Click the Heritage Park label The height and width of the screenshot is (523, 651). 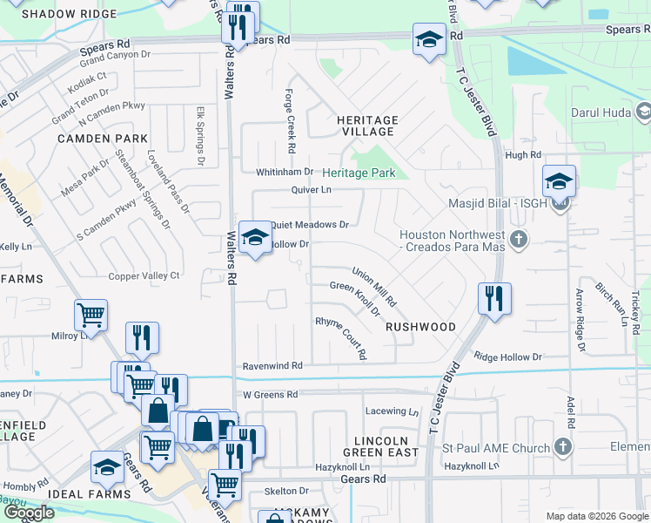[x=359, y=173]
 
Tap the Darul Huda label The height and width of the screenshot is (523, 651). [x=601, y=112]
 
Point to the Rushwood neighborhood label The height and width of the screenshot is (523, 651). [x=420, y=327]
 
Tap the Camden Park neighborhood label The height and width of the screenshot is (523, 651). [x=96, y=139]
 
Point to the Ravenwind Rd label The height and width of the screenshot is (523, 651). [x=272, y=366]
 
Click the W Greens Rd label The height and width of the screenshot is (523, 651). [x=271, y=395]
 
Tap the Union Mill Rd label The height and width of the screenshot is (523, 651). [x=374, y=287]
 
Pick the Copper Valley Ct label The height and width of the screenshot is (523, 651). [x=144, y=276]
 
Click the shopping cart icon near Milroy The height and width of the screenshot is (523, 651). [x=91, y=314]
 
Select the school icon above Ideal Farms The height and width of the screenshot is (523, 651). [x=107, y=467]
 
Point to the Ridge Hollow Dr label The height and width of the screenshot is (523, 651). [x=507, y=357]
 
